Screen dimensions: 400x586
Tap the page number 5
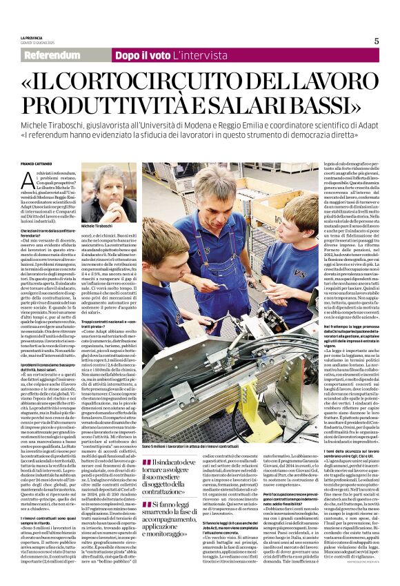pos(376,41)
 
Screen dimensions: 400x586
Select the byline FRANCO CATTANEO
pos(35,163)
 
